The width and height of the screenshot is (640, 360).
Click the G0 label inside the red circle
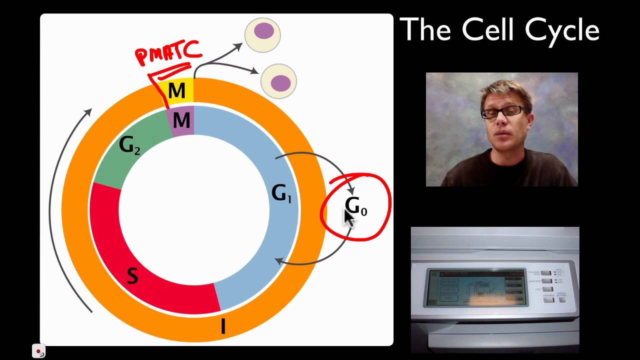tap(356, 206)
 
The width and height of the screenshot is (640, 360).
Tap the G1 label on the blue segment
tap(281, 194)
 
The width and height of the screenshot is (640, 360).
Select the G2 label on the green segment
tap(129, 145)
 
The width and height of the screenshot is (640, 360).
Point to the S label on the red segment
tap(132, 276)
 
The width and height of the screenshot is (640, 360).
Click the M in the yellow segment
tap(176, 91)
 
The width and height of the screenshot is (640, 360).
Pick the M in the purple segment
tap(181, 120)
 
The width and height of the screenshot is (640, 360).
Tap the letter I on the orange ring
tap(223, 326)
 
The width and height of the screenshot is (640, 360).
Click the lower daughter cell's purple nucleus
tap(280, 81)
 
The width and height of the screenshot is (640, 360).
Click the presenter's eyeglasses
tap(502, 112)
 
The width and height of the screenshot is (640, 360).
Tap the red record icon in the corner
tap(38, 351)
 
